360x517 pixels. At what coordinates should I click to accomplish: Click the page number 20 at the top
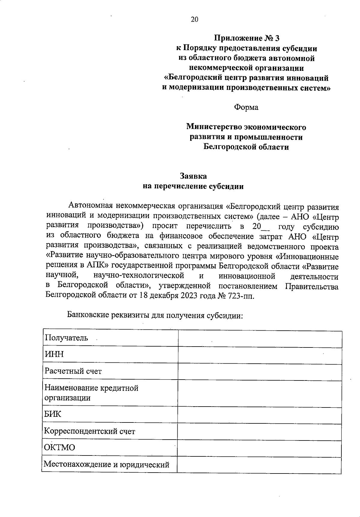click(194, 20)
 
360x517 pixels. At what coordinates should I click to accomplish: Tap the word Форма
click(246, 107)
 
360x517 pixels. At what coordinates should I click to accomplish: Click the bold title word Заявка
click(193, 176)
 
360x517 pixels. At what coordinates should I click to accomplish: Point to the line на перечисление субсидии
click(193, 186)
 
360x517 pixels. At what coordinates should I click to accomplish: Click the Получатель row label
click(66, 338)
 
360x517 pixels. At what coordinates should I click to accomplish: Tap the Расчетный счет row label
click(73, 371)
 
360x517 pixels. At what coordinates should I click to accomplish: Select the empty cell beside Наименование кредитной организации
click(259, 394)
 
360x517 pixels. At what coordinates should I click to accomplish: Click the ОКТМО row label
click(59, 448)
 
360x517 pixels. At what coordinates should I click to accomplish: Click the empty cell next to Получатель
click(259, 339)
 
